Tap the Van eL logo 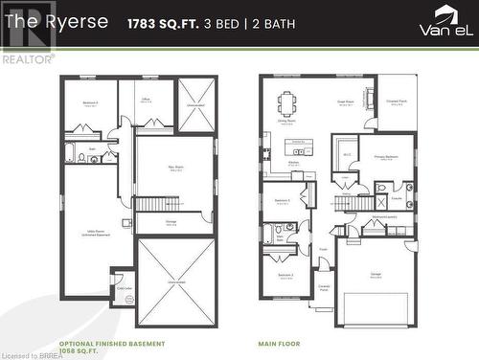(x=445, y=21)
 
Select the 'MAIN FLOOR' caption (x=280, y=343)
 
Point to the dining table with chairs (x=287, y=102)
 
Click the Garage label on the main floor (x=375, y=275)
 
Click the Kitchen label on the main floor (x=294, y=163)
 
